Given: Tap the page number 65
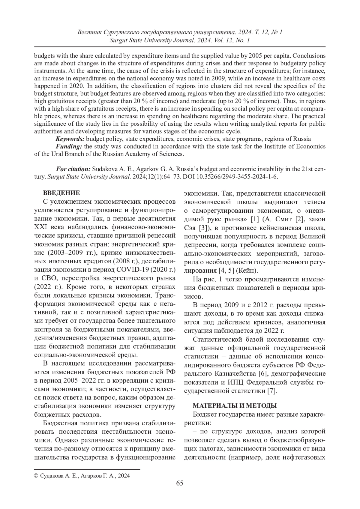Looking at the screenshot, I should tap(180, 483).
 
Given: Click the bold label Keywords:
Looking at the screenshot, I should tap(70, 139).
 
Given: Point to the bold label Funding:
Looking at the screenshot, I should tap(69, 146).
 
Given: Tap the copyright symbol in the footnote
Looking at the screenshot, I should tap(36, 475).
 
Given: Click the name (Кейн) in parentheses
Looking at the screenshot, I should tap(247, 271).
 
